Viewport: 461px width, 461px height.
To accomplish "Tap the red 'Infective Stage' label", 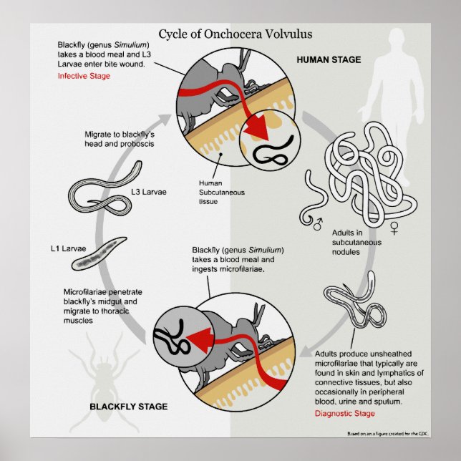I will coord(84,75).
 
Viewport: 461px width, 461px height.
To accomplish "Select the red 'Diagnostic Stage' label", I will coord(346,413).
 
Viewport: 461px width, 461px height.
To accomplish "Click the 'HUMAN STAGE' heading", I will coord(329,59).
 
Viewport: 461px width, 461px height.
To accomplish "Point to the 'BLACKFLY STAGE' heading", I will coord(128,407).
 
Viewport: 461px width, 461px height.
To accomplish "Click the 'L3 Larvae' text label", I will coord(150,191).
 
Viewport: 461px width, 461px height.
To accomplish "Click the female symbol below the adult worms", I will coord(393,228).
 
